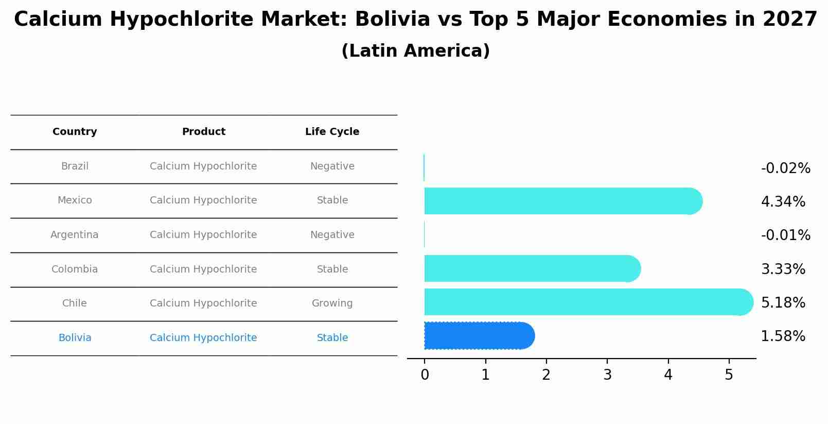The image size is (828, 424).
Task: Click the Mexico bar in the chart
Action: click(x=561, y=201)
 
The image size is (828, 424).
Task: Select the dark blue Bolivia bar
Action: click(x=479, y=336)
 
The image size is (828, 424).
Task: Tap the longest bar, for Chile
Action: click(x=587, y=302)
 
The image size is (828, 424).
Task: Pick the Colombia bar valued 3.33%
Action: click(x=530, y=268)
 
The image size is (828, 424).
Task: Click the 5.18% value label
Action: click(x=783, y=302)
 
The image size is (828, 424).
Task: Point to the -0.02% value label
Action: click(x=785, y=168)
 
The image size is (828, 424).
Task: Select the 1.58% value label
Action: click(x=783, y=336)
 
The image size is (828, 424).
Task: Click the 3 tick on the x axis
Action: click(x=607, y=375)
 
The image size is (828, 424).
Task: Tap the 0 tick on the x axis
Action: click(x=425, y=375)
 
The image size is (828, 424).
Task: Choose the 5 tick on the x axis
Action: click(x=729, y=375)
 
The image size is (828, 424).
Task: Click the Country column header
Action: click(x=75, y=132)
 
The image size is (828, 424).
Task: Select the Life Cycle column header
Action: click(x=332, y=132)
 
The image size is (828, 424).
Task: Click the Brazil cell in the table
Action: click(x=75, y=166)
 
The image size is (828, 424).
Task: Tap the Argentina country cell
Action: click(x=75, y=235)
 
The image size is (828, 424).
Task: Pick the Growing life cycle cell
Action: click(x=332, y=303)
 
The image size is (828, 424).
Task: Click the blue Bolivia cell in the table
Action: click(x=75, y=338)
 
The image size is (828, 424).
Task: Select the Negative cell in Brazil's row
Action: click(x=332, y=166)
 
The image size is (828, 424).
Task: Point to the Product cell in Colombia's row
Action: click(x=203, y=269)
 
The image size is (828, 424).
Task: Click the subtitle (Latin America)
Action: click(x=415, y=51)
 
